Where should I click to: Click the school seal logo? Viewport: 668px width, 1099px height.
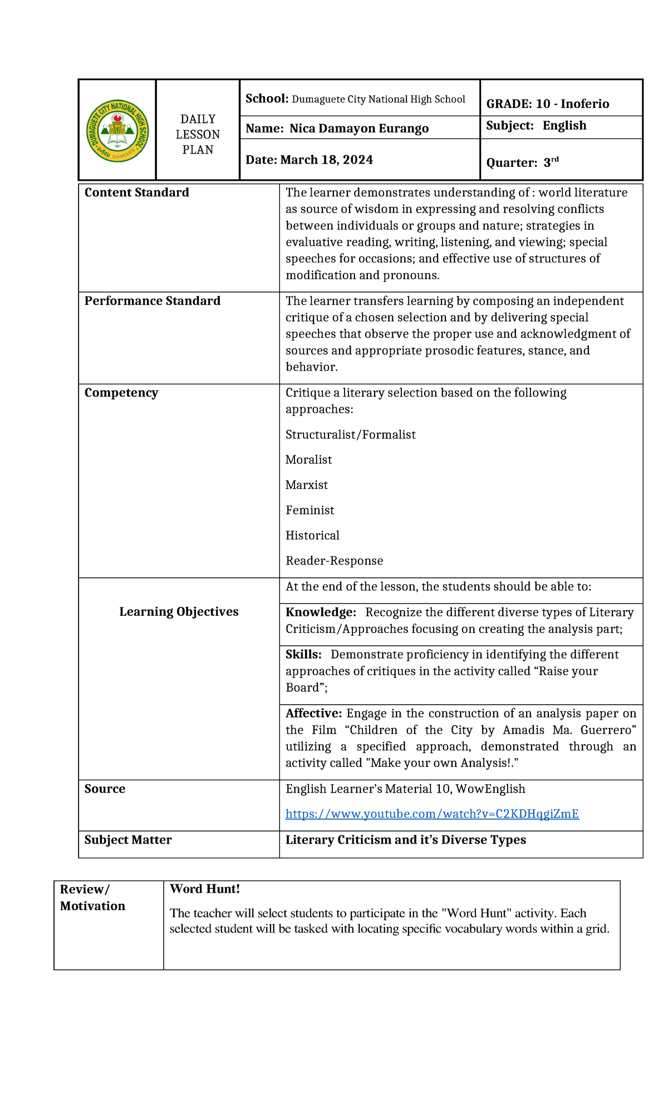pyautogui.click(x=117, y=131)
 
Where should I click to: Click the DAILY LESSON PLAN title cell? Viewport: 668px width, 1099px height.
pyautogui.click(x=198, y=135)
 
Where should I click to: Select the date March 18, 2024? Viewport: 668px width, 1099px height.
pyautogui.click(x=310, y=160)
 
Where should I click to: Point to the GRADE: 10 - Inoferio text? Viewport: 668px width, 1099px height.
pyautogui.click(x=547, y=104)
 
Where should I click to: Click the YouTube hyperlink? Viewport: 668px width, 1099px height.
pyautogui.click(x=432, y=814)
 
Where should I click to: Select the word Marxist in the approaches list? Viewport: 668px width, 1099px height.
pyautogui.click(x=307, y=485)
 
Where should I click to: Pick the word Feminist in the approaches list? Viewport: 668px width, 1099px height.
pyautogui.click(x=310, y=510)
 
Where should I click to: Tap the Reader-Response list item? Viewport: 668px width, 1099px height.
pyautogui.click(x=334, y=561)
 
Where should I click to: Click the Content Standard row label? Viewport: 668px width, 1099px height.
pyautogui.click(x=137, y=192)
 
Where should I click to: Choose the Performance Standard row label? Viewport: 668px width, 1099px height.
pyautogui.click(x=153, y=301)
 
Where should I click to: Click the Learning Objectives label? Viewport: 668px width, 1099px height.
pyautogui.click(x=179, y=612)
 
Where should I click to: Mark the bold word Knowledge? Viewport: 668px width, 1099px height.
pyautogui.click(x=321, y=612)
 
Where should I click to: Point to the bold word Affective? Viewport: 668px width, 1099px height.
pyautogui.click(x=313, y=714)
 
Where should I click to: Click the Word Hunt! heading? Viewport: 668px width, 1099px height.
pyautogui.click(x=204, y=889)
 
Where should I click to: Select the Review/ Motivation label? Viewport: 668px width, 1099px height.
pyautogui.click(x=92, y=898)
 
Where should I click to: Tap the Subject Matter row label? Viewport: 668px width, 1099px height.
pyautogui.click(x=128, y=840)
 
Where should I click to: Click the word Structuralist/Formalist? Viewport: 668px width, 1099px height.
pyautogui.click(x=350, y=435)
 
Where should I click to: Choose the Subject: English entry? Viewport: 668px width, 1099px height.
pyautogui.click(x=536, y=126)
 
